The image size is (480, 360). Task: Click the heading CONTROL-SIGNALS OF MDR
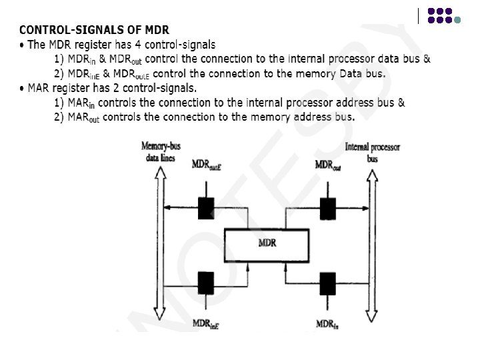[x=94, y=30]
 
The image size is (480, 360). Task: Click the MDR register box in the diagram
[x=267, y=244]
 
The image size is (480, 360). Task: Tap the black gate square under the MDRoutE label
[x=205, y=208]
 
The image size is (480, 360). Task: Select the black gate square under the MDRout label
[x=327, y=208]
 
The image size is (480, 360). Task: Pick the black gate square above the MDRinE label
[x=205, y=283]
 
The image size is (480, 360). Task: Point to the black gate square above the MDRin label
[x=327, y=283]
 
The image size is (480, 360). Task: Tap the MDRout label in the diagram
[x=328, y=165]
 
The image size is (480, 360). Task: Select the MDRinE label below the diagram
[x=206, y=324]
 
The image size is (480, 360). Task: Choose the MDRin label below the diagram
[x=327, y=324]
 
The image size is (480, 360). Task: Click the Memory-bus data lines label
[x=158, y=152]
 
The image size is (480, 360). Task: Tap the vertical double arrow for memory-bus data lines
[x=159, y=243]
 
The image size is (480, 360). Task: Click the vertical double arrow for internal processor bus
[x=372, y=243]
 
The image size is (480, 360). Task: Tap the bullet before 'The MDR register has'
[x=22, y=45]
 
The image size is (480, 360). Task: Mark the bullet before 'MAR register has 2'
[x=22, y=88]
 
